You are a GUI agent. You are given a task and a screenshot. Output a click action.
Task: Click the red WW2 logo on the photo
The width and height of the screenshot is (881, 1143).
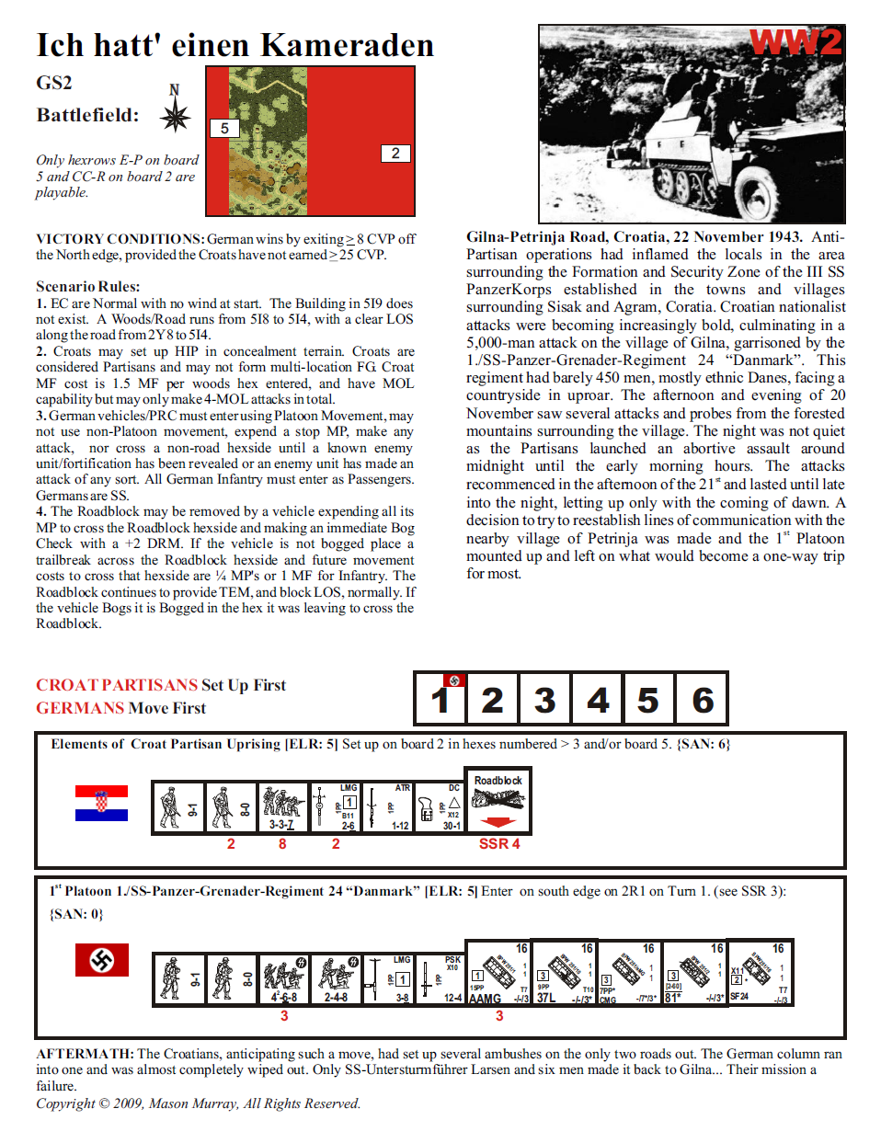click(x=795, y=42)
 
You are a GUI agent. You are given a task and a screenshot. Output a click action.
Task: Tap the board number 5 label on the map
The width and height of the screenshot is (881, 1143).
click(x=224, y=129)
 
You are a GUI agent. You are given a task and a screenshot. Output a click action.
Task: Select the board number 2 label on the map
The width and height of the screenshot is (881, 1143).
click(x=395, y=154)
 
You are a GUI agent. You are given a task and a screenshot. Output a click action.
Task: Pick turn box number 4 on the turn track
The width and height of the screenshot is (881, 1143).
click(x=598, y=700)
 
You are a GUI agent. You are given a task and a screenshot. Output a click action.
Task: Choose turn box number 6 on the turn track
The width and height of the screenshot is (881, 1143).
click(x=703, y=700)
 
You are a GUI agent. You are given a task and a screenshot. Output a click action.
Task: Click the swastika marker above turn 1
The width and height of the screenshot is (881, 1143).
click(x=453, y=680)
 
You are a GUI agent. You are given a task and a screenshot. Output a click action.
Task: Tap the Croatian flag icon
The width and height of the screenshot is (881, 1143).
click(x=101, y=803)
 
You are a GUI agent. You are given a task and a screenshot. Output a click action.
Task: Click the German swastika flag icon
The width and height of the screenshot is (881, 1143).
click(x=101, y=961)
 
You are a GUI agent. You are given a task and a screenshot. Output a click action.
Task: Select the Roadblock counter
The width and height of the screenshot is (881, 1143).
click(x=498, y=799)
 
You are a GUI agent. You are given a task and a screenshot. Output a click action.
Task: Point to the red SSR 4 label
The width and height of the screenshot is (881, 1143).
click(x=498, y=844)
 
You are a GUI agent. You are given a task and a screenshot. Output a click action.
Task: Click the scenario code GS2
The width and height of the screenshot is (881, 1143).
click(x=54, y=83)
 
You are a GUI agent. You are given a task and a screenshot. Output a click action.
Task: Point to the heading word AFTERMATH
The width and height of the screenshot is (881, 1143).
click(x=85, y=1054)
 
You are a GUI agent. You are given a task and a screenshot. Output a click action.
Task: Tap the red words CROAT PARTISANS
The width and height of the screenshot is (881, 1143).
click(x=117, y=685)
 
